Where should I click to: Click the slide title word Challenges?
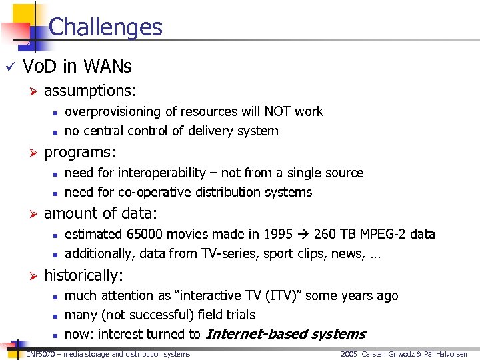tap(105, 27)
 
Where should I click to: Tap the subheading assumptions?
tap(89, 91)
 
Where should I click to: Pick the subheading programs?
tap(80, 152)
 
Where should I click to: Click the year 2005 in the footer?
tap(349, 354)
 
